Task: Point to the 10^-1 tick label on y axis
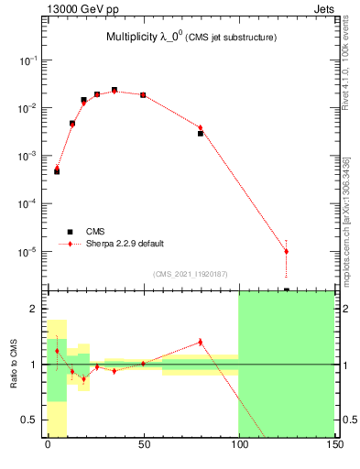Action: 30,60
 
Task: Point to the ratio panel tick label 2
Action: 37,309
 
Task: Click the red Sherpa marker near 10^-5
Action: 286,251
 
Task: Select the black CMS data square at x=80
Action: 200,134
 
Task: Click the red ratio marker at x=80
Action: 200,342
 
